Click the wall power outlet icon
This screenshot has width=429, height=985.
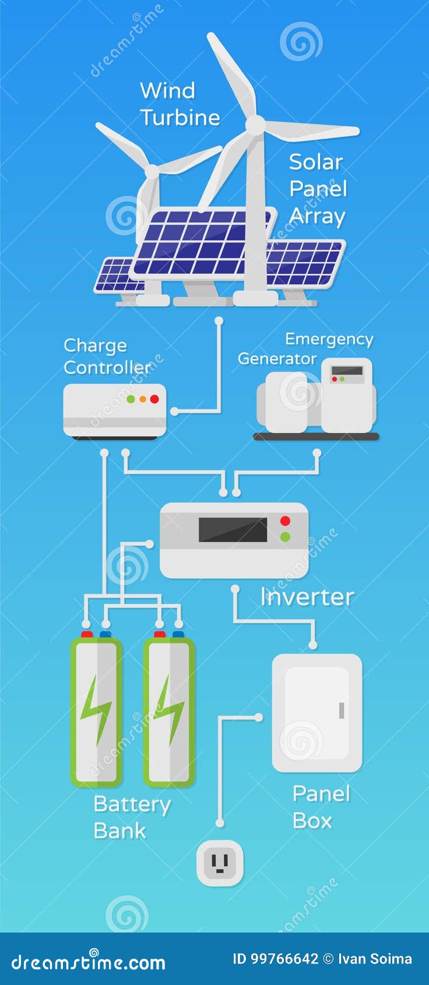[x=220, y=862]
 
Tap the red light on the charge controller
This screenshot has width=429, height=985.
[x=154, y=399]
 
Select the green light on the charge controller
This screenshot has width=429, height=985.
[x=131, y=399]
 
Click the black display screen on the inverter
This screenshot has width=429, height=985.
[x=233, y=530]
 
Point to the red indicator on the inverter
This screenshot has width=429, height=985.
[x=285, y=520]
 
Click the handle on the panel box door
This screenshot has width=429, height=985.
[x=342, y=710]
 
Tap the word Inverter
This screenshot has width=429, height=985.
[x=307, y=597]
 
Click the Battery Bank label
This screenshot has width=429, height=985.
[x=132, y=817]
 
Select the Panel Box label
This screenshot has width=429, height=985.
[x=321, y=807]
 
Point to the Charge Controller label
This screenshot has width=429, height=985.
[x=107, y=356]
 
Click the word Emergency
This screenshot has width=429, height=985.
[x=329, y=339]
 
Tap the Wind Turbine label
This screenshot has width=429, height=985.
[x=180, y=104]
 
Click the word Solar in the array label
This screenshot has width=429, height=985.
[x=315, y=162]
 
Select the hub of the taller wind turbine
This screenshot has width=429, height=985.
[x=255, y=125]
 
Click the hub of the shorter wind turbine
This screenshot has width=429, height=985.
[x=152, y=171]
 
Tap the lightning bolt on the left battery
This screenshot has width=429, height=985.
[x=96, y=710]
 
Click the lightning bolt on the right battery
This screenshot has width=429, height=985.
[x=170, y=710]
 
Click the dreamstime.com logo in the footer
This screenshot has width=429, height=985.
[x=88, y=963]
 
